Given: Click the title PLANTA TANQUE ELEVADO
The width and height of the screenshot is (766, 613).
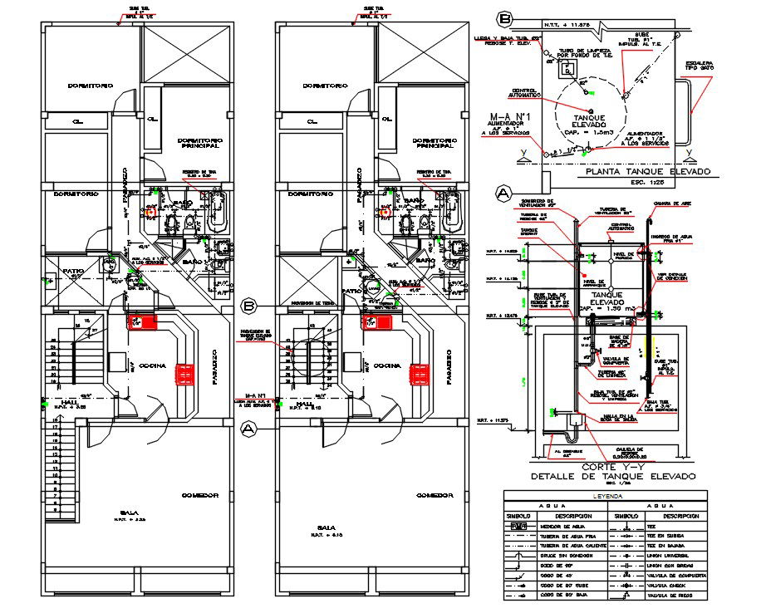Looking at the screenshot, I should tap(648, 172).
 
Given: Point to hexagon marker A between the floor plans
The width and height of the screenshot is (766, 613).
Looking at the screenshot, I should tap(247, 429).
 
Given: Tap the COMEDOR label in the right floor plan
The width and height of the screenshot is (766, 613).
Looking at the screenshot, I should tap(435, 495).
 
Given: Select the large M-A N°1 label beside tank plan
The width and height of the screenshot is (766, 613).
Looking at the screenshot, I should tap(508, 116).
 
